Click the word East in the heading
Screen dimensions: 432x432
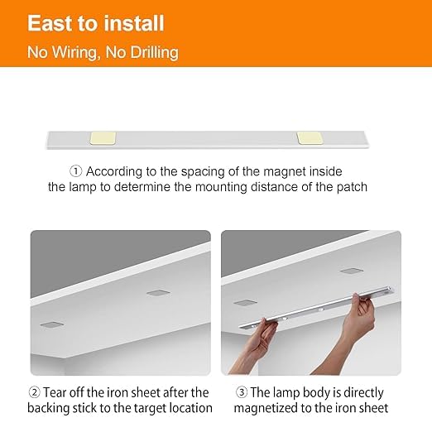(x=50, y=23)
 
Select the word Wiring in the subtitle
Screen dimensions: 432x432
(x=76, y=52)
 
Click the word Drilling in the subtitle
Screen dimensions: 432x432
(x=154, y=52)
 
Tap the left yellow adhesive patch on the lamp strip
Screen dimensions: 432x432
(x=103, y=138)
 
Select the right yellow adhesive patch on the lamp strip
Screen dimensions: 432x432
(x=310, y=138)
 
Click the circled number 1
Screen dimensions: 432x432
(x=75, y=171)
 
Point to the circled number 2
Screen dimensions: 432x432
(x=34, y=392)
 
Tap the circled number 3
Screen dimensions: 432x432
(x=242, y=392)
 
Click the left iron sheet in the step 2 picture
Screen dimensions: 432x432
(x=52, y=324)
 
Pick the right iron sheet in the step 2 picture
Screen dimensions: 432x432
(x=158, y=293)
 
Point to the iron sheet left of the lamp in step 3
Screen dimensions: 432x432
(x=245, y=303)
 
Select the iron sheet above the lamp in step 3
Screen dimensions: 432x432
(x=352, y=271)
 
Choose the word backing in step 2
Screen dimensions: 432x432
(x=48, y=409)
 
